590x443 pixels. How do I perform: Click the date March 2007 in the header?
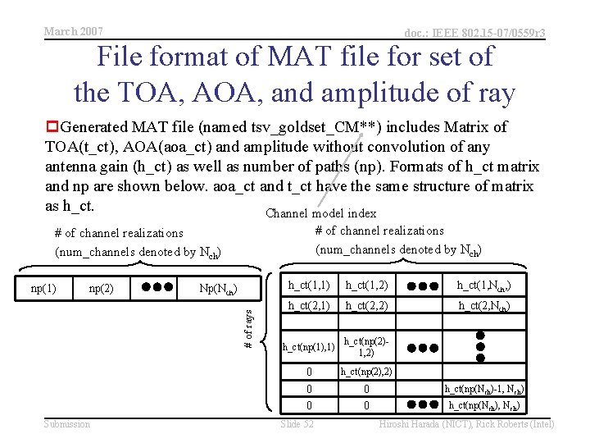coord(74,31)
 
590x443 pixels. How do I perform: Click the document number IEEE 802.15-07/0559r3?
coord(475,33)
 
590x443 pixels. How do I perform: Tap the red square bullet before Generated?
coord(52,127)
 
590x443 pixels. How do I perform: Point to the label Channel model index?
coord(320,213)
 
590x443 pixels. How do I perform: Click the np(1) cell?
coord(43,288)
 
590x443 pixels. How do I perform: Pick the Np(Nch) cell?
coord(218,289)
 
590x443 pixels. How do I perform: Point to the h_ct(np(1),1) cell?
coord(308,347)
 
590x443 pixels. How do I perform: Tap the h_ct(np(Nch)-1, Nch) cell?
coord(483,389)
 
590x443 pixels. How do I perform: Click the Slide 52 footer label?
coord(297,423)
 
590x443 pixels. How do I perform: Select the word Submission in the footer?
coord(67,423)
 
